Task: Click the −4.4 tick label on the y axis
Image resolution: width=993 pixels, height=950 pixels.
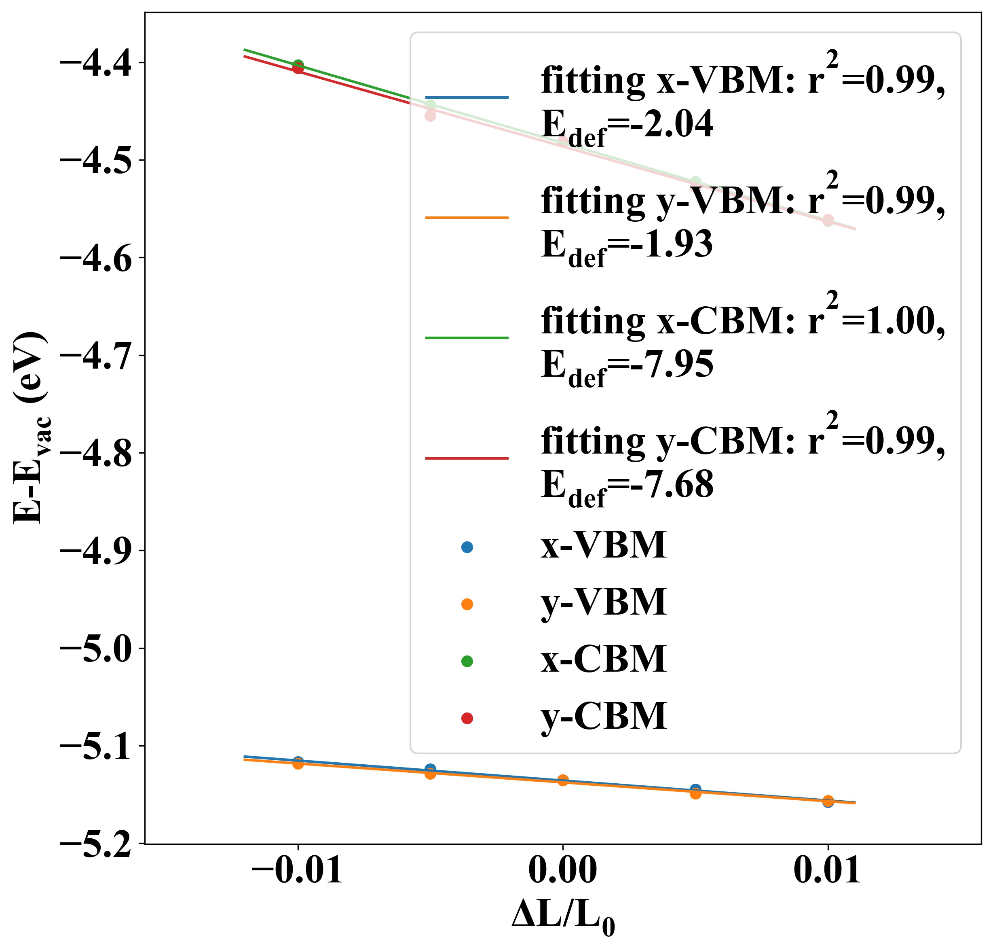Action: pos(96,64)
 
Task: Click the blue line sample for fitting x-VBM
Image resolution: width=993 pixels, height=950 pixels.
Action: pos(466,97)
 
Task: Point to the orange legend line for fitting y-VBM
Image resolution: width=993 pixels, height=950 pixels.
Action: pos(466,218)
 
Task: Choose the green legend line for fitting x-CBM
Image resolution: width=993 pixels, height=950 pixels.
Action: pos(466,338)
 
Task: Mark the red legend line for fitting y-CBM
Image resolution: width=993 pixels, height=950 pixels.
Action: pos(466,458)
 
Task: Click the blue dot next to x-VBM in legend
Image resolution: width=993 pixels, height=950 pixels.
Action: pos(467,547)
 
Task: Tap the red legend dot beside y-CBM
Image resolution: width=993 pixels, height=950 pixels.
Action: pos(467,718)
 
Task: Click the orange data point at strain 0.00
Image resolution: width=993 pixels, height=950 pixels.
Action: pos(562,780)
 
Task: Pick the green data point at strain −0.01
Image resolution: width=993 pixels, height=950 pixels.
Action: pos(298,65)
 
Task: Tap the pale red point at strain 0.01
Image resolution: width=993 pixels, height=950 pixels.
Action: pos(828,220)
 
